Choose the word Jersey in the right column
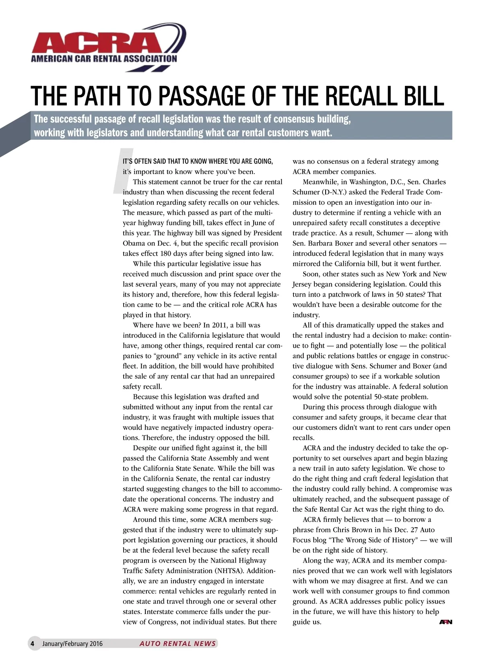point(304,284)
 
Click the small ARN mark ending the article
point(446,622)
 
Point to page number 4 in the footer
point(33,643)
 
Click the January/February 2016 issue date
point(72,644)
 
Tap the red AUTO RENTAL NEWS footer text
point(178,644)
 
